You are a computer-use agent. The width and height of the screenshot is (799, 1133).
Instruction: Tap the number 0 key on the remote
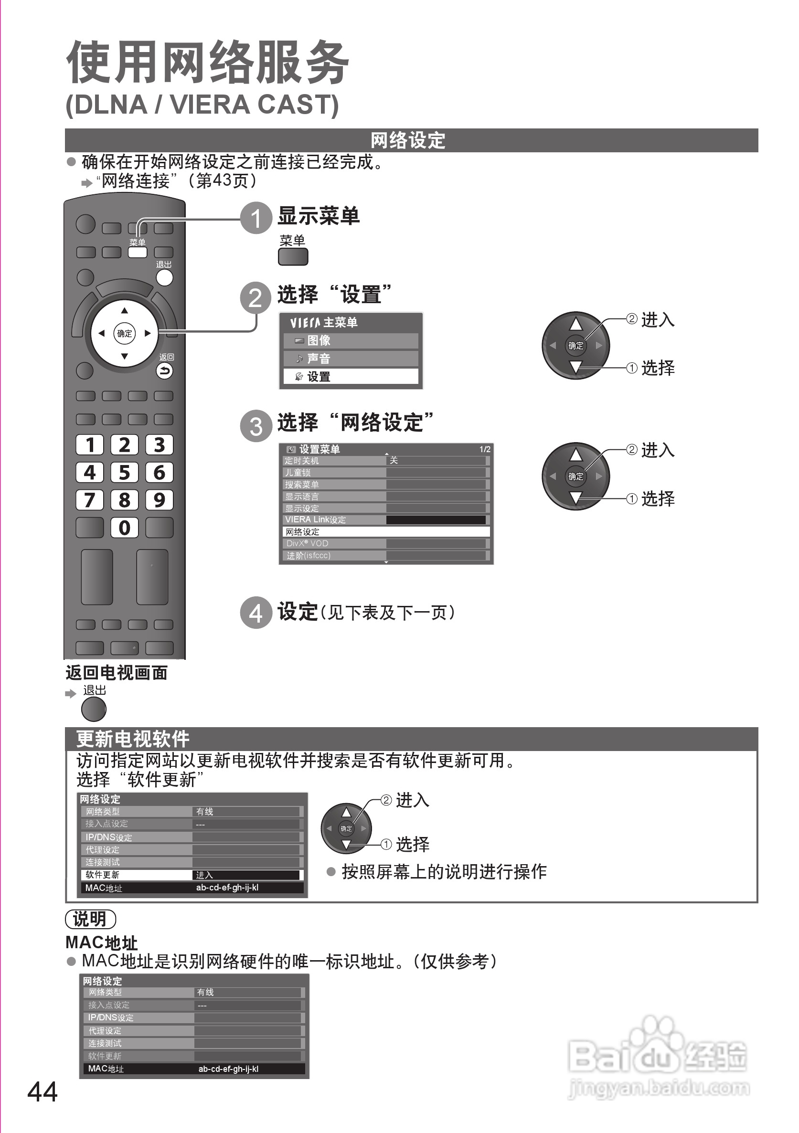(124, 528)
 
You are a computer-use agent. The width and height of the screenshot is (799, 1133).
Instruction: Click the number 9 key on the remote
(159, 500)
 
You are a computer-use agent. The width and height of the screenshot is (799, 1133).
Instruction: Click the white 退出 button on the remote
(164, 277)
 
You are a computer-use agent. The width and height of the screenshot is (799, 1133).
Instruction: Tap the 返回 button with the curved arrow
(165, 371)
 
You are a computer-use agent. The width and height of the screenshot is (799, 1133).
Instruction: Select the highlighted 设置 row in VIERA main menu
(351, 377)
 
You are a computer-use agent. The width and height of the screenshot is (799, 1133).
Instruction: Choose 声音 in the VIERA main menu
(351, 358)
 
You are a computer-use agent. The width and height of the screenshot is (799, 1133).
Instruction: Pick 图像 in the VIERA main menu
(351, 340)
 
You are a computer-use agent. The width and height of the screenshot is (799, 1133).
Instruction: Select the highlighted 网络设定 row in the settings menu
(386, 531)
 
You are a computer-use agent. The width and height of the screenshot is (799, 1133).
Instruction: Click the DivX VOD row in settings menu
(386, 543)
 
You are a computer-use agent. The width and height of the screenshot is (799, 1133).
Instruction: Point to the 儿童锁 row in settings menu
(386, 472)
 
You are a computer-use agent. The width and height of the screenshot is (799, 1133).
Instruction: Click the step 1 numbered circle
(256, 218)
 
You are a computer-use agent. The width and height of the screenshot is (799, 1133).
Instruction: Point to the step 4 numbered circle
(256, 613)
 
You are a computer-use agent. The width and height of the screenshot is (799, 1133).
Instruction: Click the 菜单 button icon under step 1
(293, 256)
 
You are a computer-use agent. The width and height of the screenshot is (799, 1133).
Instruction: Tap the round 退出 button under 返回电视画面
(94, 709)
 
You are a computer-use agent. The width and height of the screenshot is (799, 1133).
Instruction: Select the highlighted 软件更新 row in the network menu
(192, 875)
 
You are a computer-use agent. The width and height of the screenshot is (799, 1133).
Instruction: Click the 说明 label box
(90, 919)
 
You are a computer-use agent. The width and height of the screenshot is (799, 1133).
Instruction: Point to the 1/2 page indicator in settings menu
(485, 449)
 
